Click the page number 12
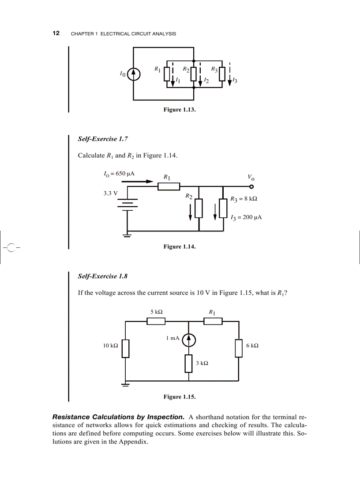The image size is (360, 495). click(x=56, y=33)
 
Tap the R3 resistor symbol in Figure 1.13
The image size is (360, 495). click(x=222, y=74)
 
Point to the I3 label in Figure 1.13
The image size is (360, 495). click(x=235, y=81)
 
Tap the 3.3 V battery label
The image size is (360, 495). click(x=110, y=193)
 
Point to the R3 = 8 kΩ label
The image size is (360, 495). click(x=244, y=199)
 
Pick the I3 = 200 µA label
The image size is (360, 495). click(x=246, y=217)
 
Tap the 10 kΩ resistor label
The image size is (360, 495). click(x=110, y=346)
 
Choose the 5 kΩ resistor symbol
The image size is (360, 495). click(x=156, y=321)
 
